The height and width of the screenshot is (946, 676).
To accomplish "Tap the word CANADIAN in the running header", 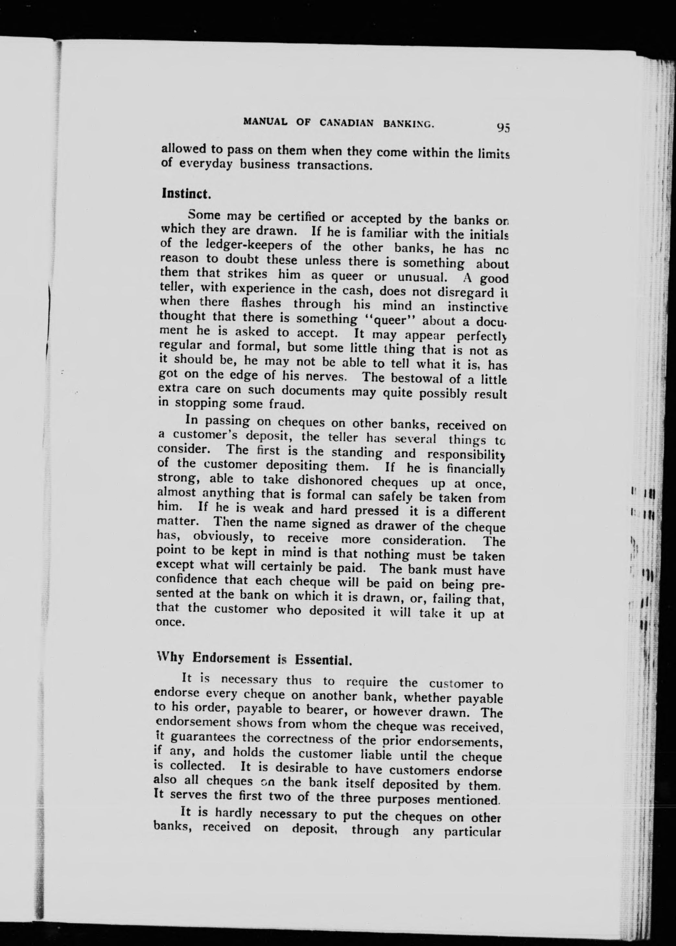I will coord(346,123).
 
